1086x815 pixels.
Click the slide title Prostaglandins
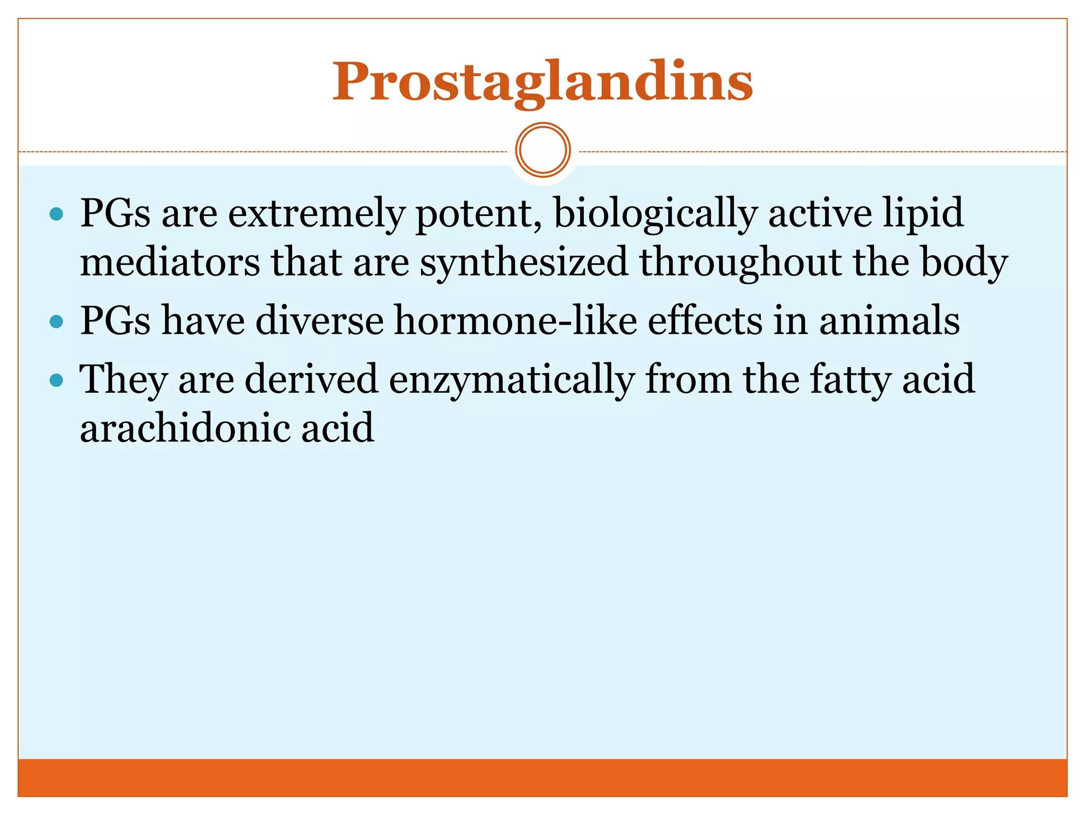pyautogui.click(x=542, y=82)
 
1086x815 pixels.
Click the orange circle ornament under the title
pyautogui.click(x=543, y=150)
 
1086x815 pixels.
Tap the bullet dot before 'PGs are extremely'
pyautogui.click(x=56, y=214)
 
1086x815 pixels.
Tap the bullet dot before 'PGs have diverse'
pyautogui.click(x=56, y=322)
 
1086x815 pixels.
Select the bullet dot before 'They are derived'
pyautogui.click(x=56, y=380)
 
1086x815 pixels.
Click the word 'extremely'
pyautogui.click(x=316, y=213)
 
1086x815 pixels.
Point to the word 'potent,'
pyautogui.click(x=479, y=213)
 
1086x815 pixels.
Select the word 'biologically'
pyautogui.click(x=655, y=213)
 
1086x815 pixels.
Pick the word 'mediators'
pyautogui.click(x=170, y=263)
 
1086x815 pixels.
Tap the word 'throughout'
pyautogui.click(x=741, y=263)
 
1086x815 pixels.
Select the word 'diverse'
pyautogui.click(x=319, y=321)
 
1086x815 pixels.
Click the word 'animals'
pyautogui.click(x=889, y=321)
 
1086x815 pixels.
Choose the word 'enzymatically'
pyautogui.click(x=512, y=380)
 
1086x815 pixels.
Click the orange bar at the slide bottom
pyautogui.click(x=542, y=777)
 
